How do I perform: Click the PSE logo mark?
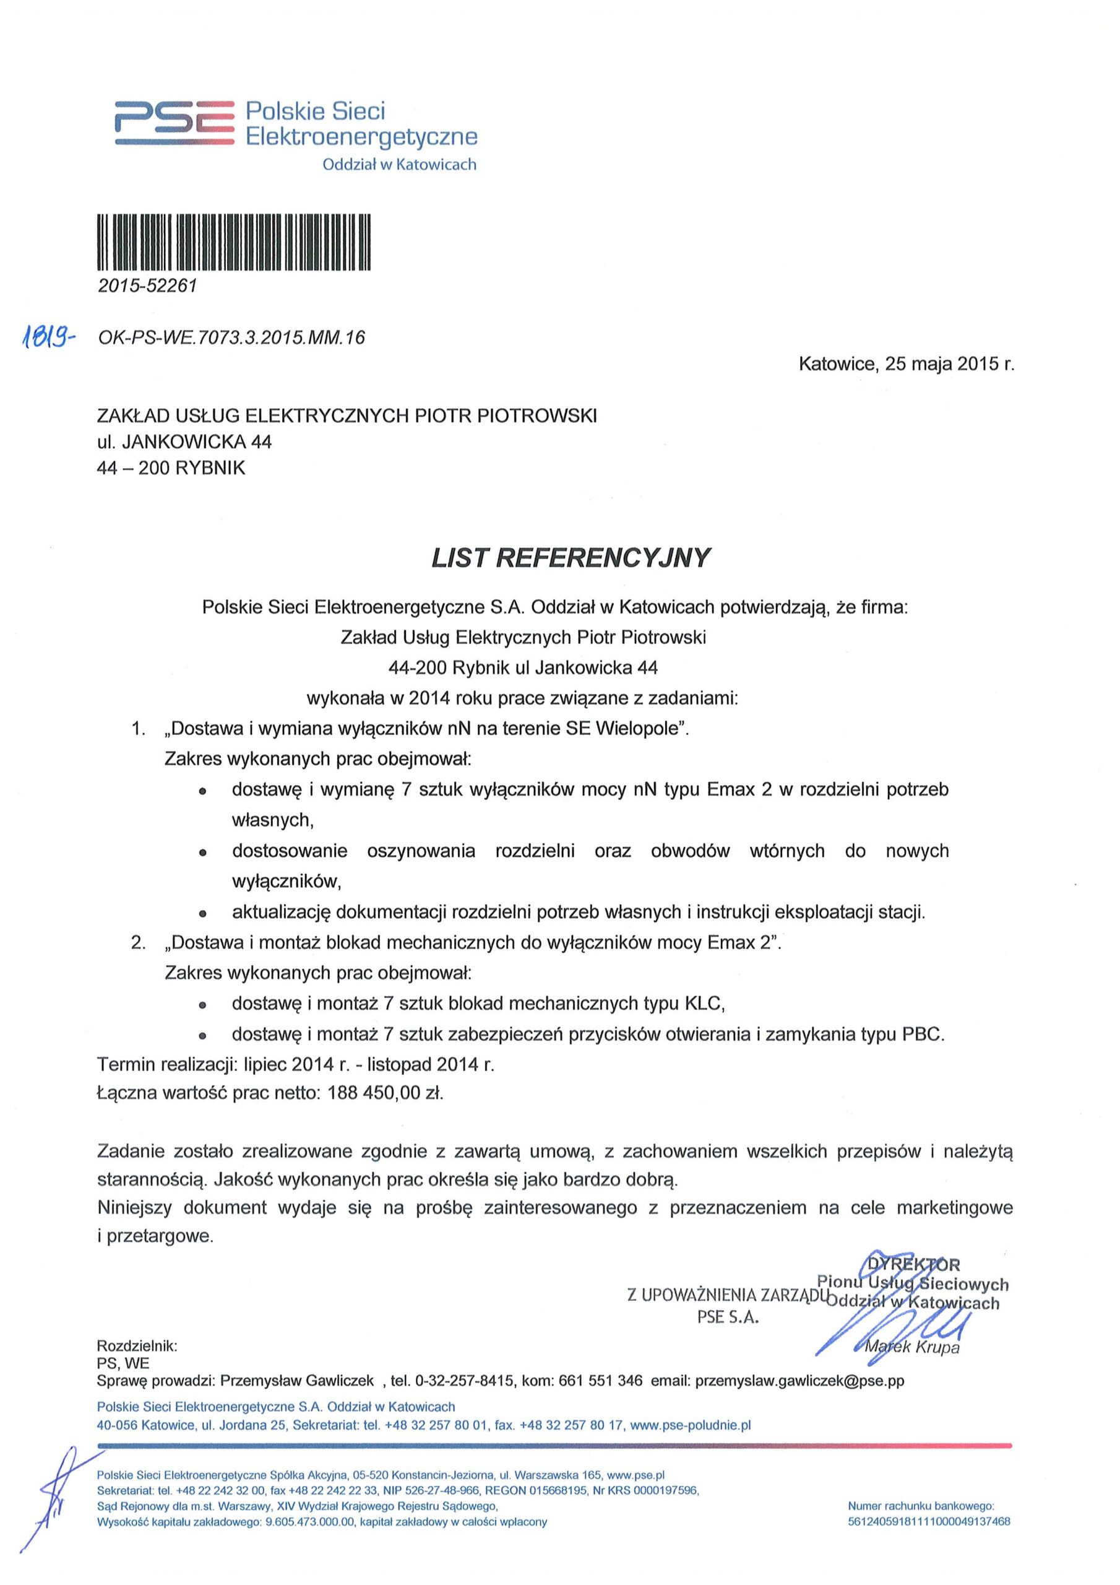(174, 123)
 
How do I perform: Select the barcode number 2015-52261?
(147, 286)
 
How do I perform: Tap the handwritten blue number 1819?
(50, 337)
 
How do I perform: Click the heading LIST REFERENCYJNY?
(570, 558)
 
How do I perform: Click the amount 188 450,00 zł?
(385, 1093)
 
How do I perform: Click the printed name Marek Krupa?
(911, 1347)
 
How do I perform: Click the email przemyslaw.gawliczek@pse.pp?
(799, 1381)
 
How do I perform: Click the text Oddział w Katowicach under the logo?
(400, 164)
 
